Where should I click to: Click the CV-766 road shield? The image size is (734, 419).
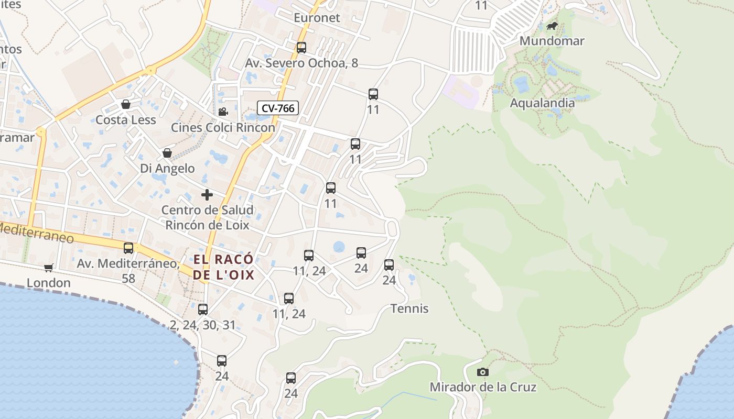click(x=278, y=108)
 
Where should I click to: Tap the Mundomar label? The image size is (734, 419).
click(x=552, y=41)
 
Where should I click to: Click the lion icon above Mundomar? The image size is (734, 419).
click(x=552, y=26)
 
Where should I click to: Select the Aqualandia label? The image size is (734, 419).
click(x=542, y=103)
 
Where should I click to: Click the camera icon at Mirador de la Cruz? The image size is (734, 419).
click(x=483, y=372)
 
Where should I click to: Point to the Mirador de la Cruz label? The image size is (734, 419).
click(x=483, y=387)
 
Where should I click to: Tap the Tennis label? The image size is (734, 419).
click(x=409, y=308)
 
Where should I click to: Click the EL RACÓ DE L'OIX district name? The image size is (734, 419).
click(x=223, y=267)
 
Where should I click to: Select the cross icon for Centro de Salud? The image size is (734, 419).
click(x=207, y=195)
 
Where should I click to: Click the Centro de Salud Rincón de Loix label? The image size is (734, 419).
click(x=207, y=217)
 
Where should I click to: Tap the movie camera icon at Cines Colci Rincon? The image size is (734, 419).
click(x=223, y=112)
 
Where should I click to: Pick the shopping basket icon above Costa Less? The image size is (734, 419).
click(x=126, y=104)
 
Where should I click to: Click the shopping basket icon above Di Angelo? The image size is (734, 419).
click(x=167, y=153)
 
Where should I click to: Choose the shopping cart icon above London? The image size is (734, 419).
click(x=49, y=268)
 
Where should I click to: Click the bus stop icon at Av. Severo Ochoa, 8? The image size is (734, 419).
click(x=301, y=48)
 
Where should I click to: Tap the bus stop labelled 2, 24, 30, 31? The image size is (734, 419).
click(x=203, y=310)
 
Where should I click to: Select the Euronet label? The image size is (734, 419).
click(x=317, y=18)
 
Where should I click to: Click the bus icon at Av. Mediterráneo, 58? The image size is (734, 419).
click(x=128, y=248)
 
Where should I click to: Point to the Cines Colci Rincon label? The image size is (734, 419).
click(x=223, y=127)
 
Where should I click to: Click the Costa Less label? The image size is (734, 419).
click(x=126, y=120)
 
